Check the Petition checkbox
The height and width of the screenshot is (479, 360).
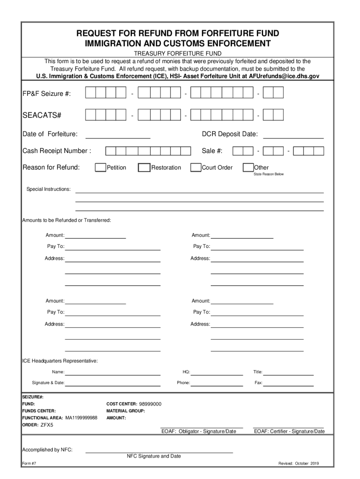point(100,168)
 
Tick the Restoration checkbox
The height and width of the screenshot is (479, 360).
point(144,168)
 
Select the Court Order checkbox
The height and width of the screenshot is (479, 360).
point(196,168)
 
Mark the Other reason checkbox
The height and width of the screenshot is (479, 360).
point(248,168)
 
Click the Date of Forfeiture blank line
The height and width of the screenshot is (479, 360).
point(117,136)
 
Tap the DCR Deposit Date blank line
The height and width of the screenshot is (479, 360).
point(294,136)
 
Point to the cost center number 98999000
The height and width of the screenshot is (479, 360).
point(150,404)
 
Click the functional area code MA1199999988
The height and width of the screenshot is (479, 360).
point(81,418)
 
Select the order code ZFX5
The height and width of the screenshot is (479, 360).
point(47,425)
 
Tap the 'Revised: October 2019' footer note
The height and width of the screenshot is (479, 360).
point(299,464)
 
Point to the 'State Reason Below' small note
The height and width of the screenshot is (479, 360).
point(268,174)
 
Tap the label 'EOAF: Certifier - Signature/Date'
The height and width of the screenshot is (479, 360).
point(289,431)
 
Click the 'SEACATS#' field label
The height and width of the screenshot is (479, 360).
point(43,115)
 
